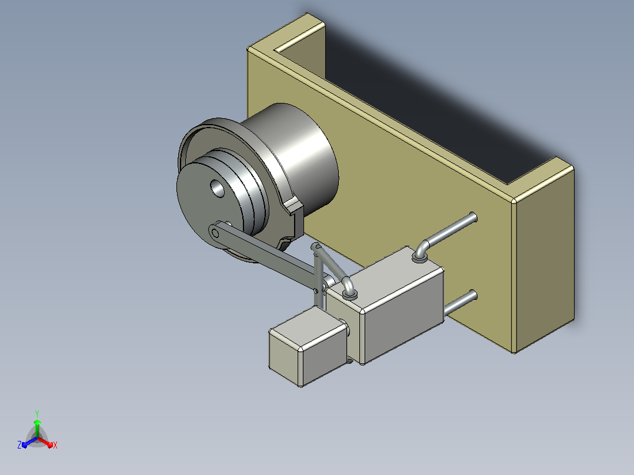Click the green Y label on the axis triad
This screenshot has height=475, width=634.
click(x=37, y=413)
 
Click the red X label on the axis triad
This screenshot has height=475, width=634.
click(x=55, y=445)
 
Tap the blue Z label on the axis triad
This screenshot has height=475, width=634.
click(x=19, y=444)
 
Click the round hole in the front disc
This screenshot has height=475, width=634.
click(x=218, y=188)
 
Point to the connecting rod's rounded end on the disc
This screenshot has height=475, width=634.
click(x=215, y=232)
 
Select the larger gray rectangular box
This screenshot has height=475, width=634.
click(x=386, y=305)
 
